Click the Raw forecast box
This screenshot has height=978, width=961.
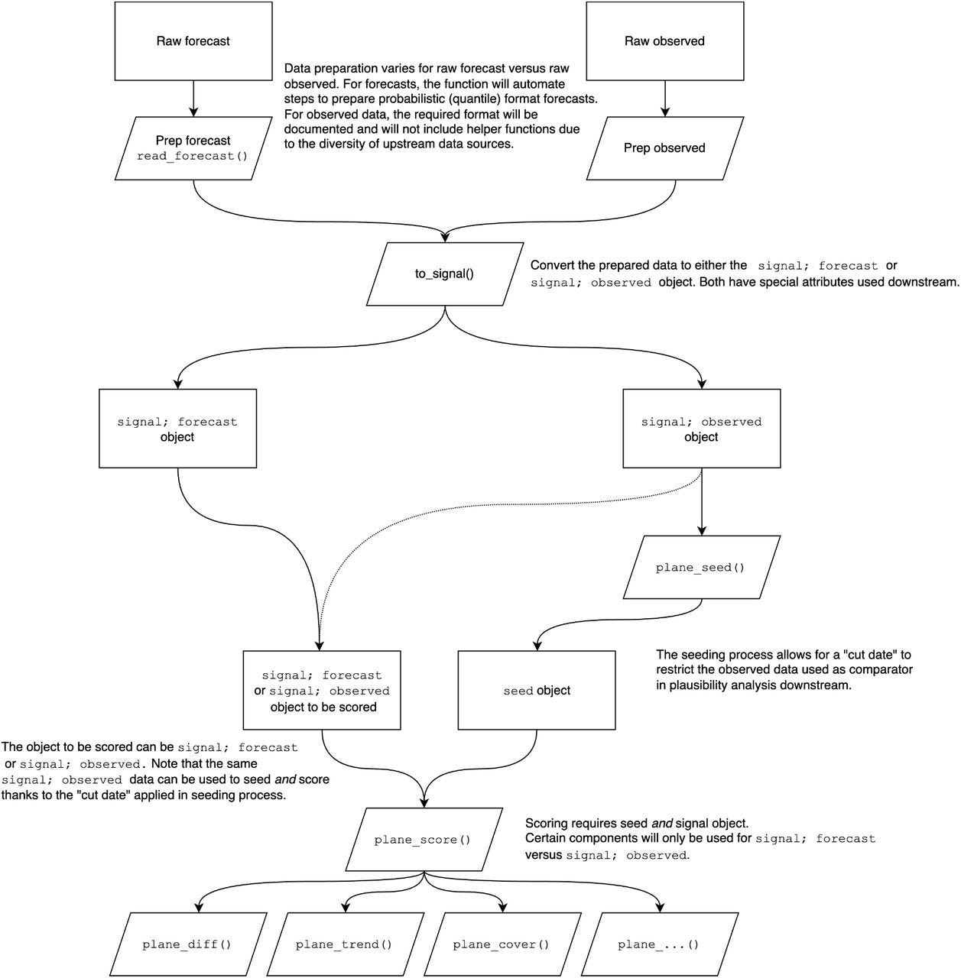(x=193, y=41)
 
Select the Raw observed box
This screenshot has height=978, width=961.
(x=664, y=41)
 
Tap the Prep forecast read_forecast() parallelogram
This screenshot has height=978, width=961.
(x=193, y=148)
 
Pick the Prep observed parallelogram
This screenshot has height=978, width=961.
(x=664, y=148)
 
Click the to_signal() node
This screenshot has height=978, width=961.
(x=444, y=274)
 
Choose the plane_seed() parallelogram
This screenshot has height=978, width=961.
(x=700, y=568)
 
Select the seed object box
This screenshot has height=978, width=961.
(x=537, y=691)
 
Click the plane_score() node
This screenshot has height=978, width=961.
(x=422, y=840)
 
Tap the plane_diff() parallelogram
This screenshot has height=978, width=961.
(x=187, y=944)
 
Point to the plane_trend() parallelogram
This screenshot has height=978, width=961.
(x=343, y=944)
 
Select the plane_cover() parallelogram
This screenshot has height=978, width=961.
(x=501, y=944)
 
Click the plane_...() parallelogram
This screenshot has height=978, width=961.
(x=658, y=944)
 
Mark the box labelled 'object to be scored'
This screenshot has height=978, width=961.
(x=322, y=691)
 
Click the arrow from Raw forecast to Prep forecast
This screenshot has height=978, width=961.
(x=193, y=98)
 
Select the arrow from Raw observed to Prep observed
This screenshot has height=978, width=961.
(x=664, y=98)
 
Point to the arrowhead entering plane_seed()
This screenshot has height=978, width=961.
(x=702, y=530)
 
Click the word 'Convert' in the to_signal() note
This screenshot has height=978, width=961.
(x=553, y=266)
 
